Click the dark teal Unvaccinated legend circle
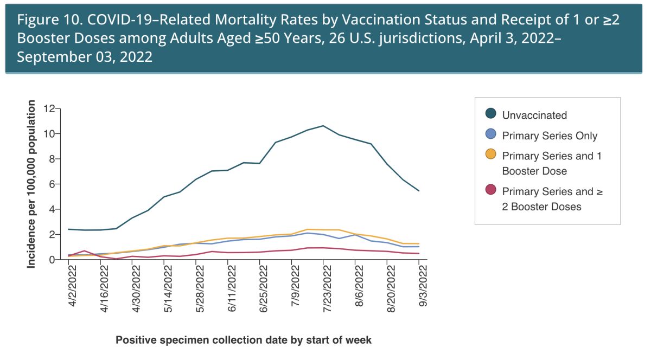tap(491, 114)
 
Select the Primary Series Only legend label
tap(550, 136)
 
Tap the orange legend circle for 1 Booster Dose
tap(491, 156)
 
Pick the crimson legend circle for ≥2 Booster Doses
tap(491, 191)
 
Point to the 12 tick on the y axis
tap(50, 108)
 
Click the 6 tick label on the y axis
tap(52, 184)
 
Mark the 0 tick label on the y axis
tap(52, 260)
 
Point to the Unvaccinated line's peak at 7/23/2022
tap(323, 126)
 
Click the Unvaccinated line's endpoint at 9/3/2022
tap(419, 191)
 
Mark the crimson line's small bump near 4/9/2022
tap(85, 251)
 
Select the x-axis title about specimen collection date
tap(244, 340)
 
